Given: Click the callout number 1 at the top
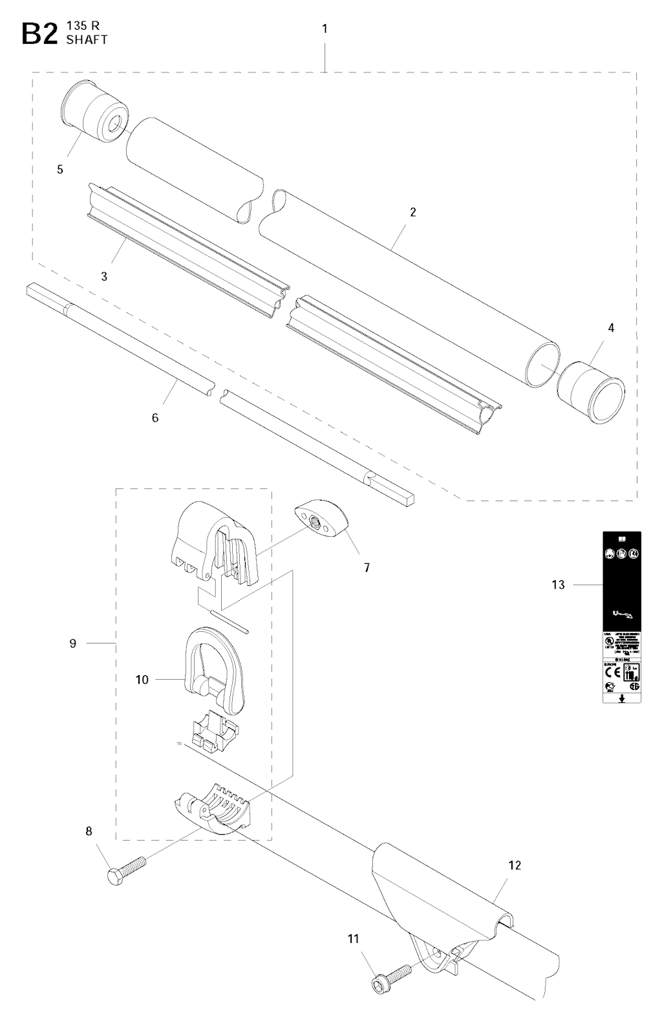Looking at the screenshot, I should click(325, 28).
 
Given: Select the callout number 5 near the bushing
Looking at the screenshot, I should click(60, 169).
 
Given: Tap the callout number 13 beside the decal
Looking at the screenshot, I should click(558, 585).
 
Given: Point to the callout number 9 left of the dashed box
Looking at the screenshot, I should click(72, 643).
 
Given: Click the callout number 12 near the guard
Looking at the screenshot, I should click(515, 865).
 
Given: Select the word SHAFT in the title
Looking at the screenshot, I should click(87, 39).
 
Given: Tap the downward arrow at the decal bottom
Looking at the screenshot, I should click(622, 698).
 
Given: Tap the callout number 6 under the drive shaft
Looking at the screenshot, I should click(155, 418).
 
